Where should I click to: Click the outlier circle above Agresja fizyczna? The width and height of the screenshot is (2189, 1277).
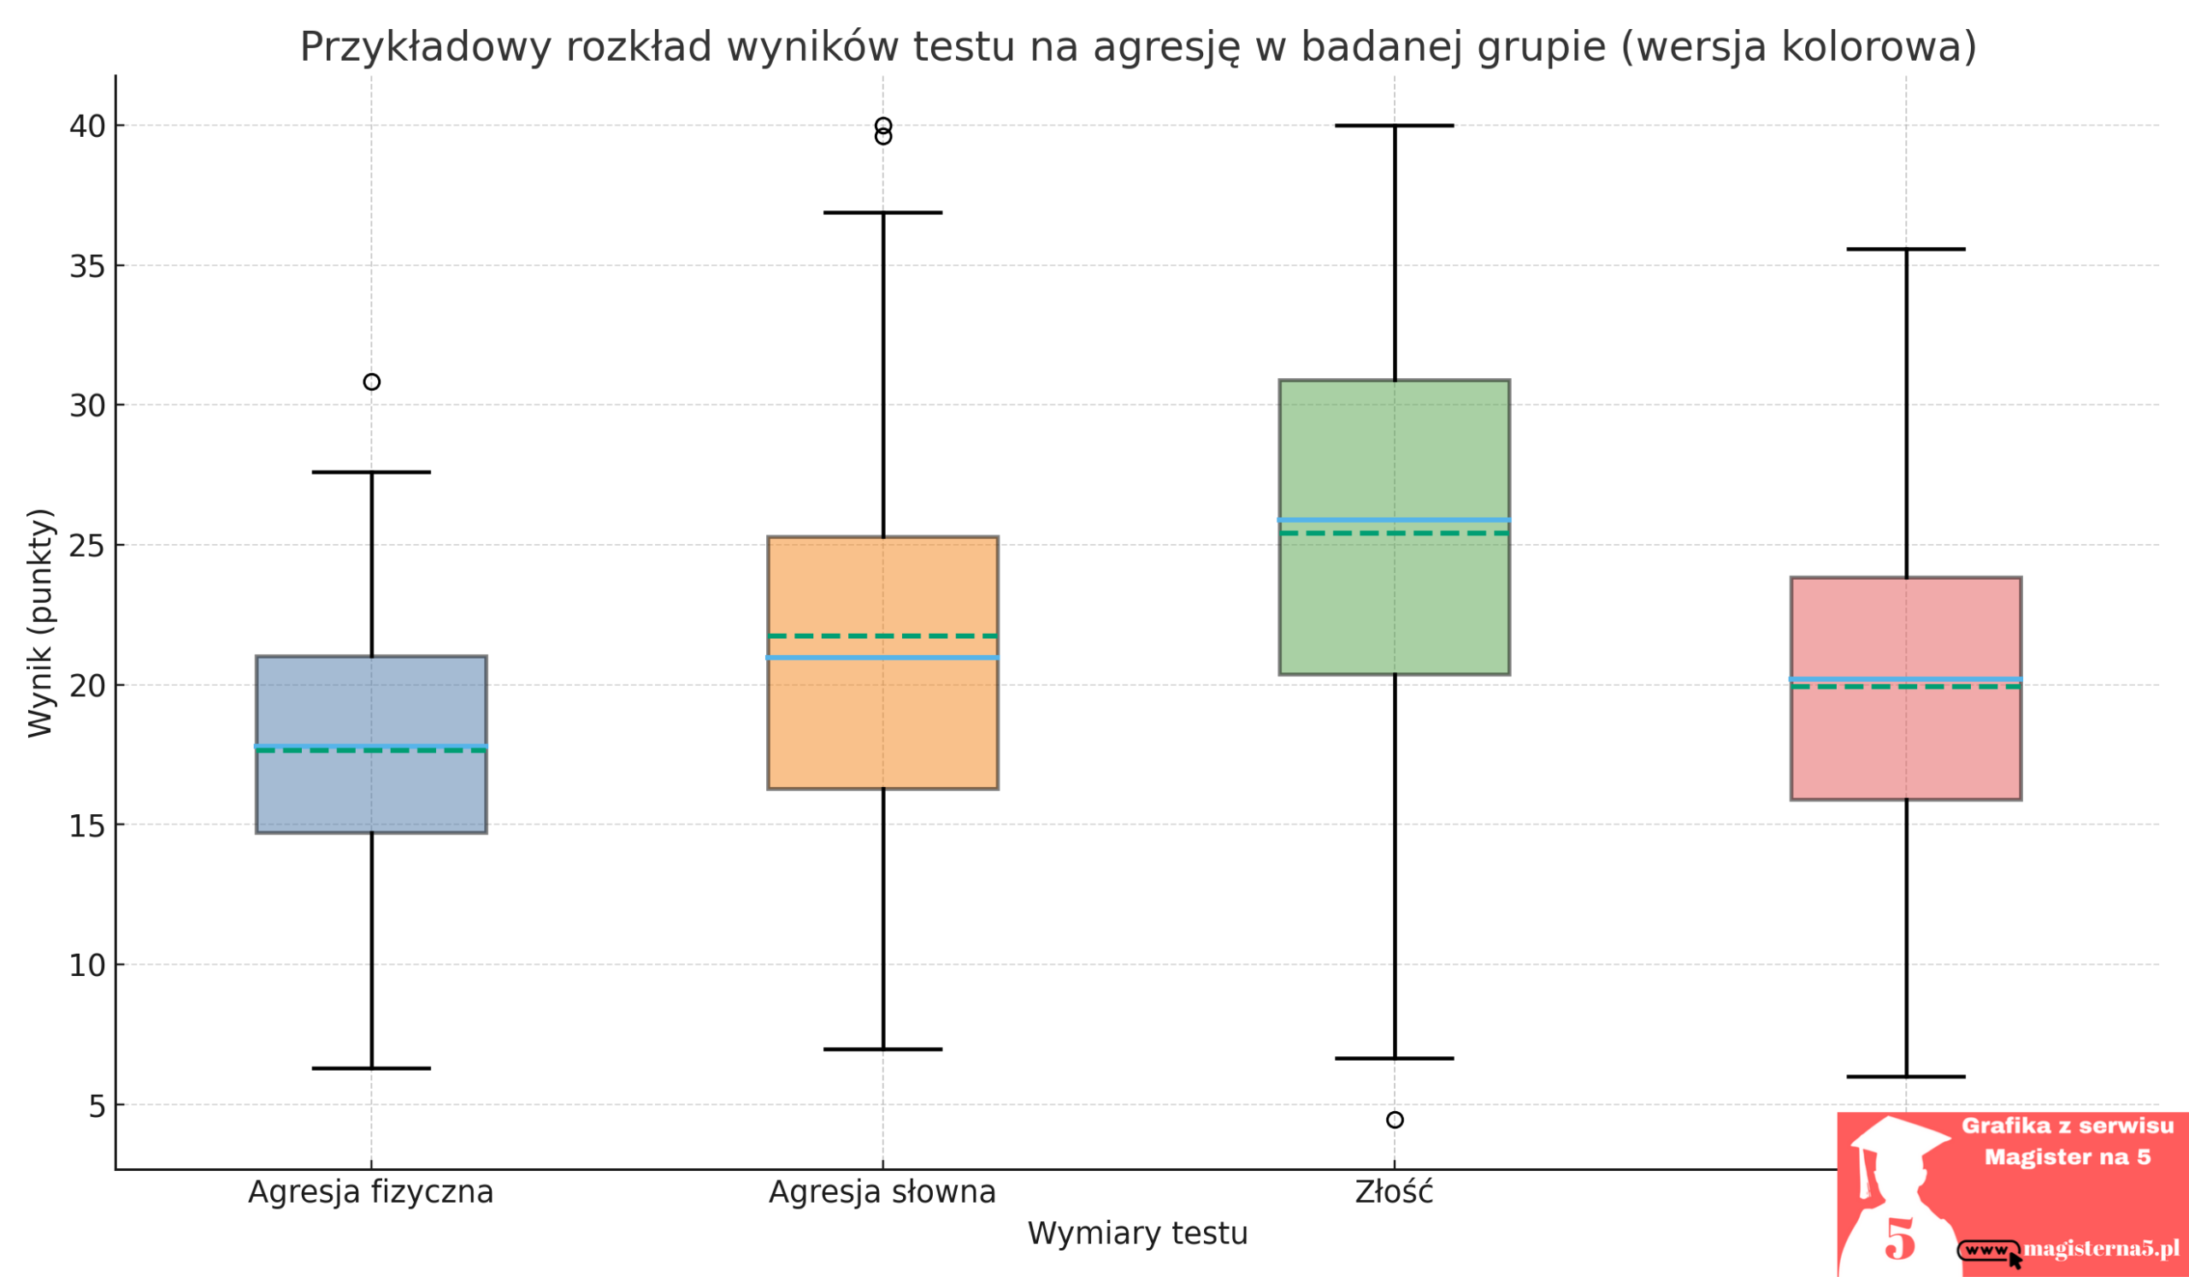(372, 382)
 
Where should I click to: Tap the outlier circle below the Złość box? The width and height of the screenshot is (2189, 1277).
(1395, 1120)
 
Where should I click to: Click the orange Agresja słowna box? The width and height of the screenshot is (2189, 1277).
(882, 721)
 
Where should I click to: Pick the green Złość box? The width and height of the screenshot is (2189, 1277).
(1394, 608)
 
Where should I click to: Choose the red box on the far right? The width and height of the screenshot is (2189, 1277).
(1906, 747)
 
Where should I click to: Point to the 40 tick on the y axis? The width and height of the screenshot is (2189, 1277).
(87, 127)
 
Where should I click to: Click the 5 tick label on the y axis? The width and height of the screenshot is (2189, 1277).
(97, 1107)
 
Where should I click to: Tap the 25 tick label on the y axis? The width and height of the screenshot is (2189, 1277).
(87, 547)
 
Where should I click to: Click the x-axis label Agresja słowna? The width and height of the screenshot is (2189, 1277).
(882, 1192)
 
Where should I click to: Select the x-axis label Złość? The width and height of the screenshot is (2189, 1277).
(1394, 1192)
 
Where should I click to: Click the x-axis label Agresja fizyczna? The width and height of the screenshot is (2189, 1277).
(371, 1192)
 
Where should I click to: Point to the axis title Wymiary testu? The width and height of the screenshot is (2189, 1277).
(1137, 1234)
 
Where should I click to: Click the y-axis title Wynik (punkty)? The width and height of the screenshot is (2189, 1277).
(41, 623)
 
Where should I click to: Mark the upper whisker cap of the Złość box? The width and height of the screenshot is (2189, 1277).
(1394, 126)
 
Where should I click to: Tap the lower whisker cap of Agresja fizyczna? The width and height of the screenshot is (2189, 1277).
(372, 1068)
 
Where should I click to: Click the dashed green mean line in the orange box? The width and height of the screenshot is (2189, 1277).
(882, 636)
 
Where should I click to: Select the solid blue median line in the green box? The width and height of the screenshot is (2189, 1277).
(1394, 520)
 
